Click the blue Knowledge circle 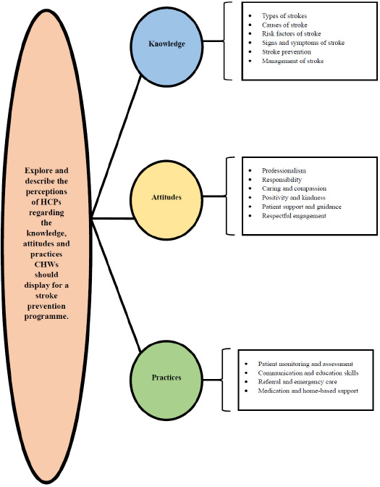[166, 47]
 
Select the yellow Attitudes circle [166, 200]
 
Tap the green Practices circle [166, 380]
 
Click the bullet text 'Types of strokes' [284, 16]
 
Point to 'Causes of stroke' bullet [284, 25]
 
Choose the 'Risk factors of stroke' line [291, 33]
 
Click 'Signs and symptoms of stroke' [303, 43]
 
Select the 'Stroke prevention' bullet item [287, 51]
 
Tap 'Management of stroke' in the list [292, 61]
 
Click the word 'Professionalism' [284, 170]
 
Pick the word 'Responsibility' [282, 180]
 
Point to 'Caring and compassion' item [294, 188]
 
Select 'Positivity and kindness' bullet [293, 198]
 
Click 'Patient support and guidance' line [302, 207]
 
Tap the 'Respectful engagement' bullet [294, 215]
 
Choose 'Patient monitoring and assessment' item [305, 364]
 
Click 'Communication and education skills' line [308, 372]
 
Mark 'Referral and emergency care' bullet [297, 382]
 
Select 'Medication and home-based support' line [308, 391]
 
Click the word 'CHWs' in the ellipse [46, 265]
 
